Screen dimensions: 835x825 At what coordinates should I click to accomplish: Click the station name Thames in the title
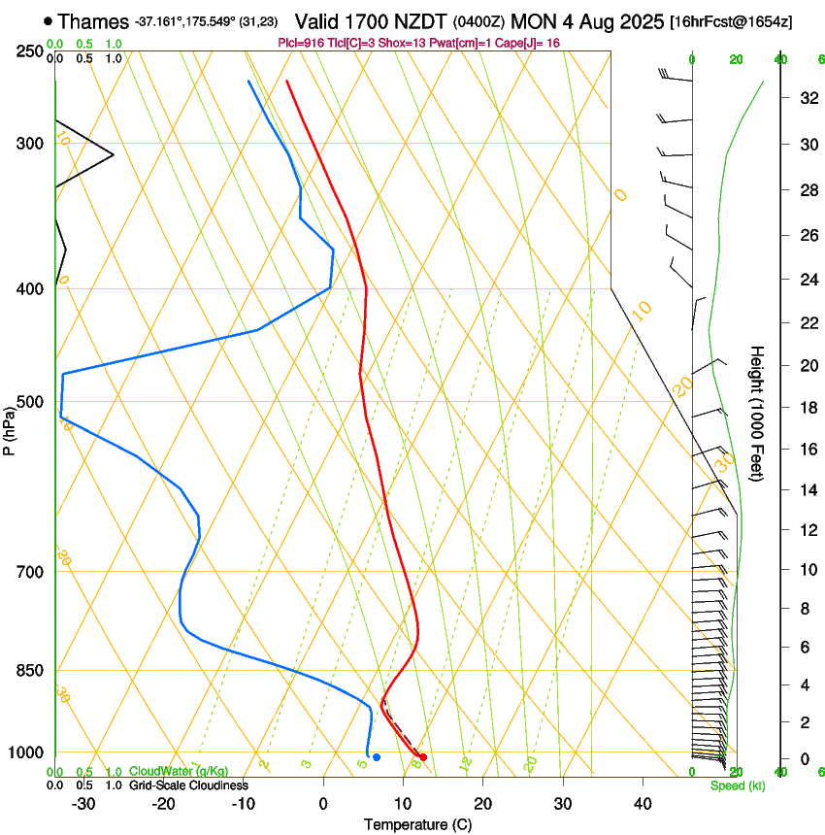click(92, 20)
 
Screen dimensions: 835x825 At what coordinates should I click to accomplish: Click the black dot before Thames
click(49, 20)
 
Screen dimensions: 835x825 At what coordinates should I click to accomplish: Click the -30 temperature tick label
click(83, 804)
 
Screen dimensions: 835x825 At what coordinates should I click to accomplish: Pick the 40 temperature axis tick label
click(643, 804)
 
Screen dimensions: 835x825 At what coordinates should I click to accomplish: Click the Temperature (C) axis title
click(416, 824)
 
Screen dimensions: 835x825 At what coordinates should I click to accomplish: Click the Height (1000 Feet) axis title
click(758, 413)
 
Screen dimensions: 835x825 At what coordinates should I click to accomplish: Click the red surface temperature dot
click(423, 756)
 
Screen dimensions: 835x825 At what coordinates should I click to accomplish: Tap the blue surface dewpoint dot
click(377, 756)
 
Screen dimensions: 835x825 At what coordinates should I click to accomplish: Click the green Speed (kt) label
click(738, 785)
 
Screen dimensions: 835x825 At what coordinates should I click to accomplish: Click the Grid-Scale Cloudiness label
click(189, 785)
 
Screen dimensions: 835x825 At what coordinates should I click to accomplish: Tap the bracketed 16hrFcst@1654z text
click(731, 21)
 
